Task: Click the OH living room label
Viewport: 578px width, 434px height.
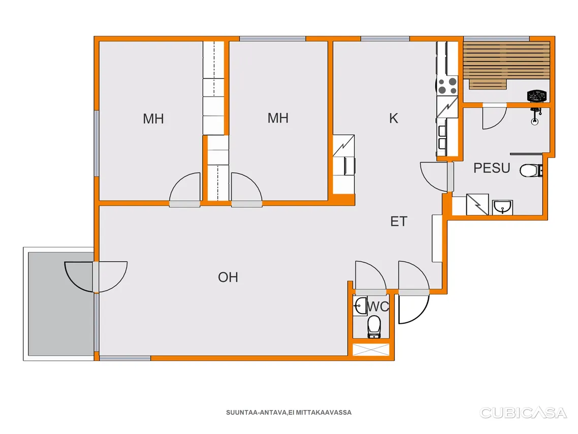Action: coord(228,277)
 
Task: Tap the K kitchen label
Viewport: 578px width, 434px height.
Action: coord(393,118)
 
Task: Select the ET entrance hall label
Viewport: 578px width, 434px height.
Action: coord(399,221)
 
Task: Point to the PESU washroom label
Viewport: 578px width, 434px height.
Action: coord(492,168)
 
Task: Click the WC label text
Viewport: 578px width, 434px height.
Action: coord(378,306)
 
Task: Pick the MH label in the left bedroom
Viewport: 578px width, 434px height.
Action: coord(153,119)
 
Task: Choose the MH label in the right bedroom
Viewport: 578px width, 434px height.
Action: coord(278,118)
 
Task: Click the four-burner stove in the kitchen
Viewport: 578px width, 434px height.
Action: coord(447,85)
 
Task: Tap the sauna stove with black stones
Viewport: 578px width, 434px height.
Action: coord(536,96)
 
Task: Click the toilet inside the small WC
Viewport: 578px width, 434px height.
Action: coord(374,326)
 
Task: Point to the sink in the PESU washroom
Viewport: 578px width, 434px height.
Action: coord(502,207)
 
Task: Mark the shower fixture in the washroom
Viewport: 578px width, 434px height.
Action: coord(535,115)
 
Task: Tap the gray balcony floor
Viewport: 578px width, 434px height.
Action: coord(61,304)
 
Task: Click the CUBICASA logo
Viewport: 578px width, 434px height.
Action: coord(523,413)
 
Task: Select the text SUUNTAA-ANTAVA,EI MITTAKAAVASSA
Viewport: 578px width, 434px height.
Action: coord(288,413)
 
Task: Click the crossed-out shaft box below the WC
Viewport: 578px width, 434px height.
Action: coord(371,350)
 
